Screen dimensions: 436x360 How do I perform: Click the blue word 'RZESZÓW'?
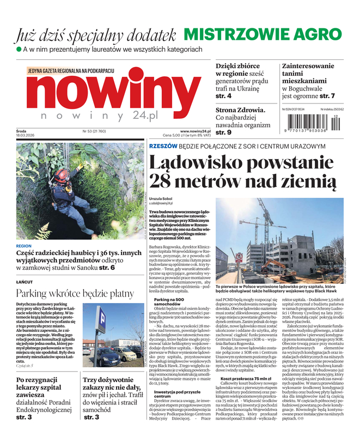pos(163,147)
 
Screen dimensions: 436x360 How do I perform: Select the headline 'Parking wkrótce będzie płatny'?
pos(75,294)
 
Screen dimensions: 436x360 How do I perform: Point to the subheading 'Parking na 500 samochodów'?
pos(171,303)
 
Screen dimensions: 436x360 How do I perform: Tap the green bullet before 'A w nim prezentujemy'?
pos(19,50)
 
